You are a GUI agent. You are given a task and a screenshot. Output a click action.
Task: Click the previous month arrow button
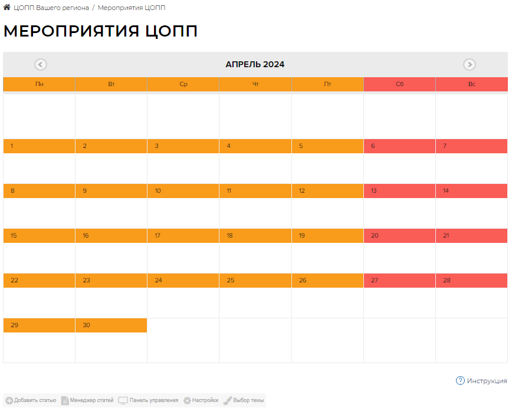[41, 65]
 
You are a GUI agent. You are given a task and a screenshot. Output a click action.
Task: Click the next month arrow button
[470, 65]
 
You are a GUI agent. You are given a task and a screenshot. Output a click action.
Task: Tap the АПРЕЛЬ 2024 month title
[255, 65]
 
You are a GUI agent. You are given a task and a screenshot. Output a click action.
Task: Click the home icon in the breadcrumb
[7, 8]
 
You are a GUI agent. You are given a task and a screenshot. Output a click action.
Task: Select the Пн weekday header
[39, 84]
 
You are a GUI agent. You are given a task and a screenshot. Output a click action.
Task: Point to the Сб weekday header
[399, 84]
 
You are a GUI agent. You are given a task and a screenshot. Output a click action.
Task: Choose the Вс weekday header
[471, 84]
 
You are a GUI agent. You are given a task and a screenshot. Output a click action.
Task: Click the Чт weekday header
[255, 84]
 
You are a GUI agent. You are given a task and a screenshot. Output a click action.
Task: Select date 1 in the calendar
[12, 146]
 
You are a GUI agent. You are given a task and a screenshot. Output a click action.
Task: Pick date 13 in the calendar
[375, 191]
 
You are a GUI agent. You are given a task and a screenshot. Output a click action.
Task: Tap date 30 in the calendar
[86, 325]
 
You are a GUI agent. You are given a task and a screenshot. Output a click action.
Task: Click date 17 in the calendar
[157, 236]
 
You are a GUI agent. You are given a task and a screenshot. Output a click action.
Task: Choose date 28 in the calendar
[447, 281]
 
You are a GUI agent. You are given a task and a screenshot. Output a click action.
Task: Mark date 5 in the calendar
[301, 146]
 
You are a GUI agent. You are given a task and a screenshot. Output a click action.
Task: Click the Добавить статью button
[31, 400]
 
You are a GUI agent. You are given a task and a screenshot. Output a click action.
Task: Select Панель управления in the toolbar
[149, 400]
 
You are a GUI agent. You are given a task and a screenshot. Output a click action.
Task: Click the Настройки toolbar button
[201, 400]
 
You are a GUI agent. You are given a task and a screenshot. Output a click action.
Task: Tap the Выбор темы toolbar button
[244, 400]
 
